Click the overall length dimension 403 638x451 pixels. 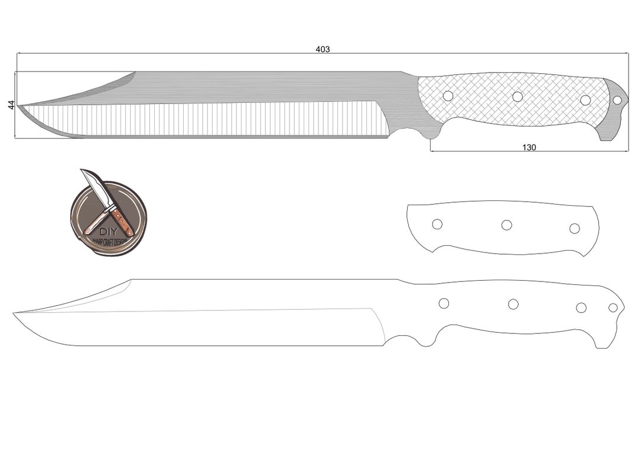click(x=323, y=49)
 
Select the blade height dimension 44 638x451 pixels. click(x=11, y=105)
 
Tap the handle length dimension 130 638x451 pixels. click(x=529, y=147)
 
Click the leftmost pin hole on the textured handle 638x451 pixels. click(x=448, y=96)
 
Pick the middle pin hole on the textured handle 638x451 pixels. click(x=517, y=96)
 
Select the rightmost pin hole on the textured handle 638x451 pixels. click(x=585, y=100)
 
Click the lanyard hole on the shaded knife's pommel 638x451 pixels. click(x=617, y=100)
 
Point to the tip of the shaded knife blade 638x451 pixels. click(x=18, y=106)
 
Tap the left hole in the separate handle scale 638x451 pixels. click(x=437, y=224)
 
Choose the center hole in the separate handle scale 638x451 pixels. click(x=506, y=225)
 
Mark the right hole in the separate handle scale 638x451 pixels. click(x=574, y=228)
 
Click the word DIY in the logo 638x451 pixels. click(x=108, y=231)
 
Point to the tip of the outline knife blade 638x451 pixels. click(x=15, y=313)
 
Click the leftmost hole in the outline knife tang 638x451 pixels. click(x=444, y=303)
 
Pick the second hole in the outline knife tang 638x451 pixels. click(x=513, y=304)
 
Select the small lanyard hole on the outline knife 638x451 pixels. click(x=613, y=307)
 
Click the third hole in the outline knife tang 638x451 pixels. click(x=581, y=307)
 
